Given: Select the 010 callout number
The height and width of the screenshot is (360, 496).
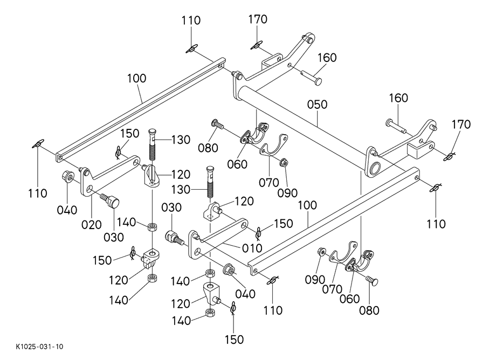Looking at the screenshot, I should pyautogui.click(x=252, y=248).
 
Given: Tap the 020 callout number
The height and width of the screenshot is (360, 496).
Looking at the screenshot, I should pyautogui.click(x=92, y=224).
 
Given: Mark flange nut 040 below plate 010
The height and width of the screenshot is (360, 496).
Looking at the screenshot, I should pyautogui.click(x=229, y=268).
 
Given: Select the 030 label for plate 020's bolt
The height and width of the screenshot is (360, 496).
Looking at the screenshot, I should pyautogui.click(x=114, y=237).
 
